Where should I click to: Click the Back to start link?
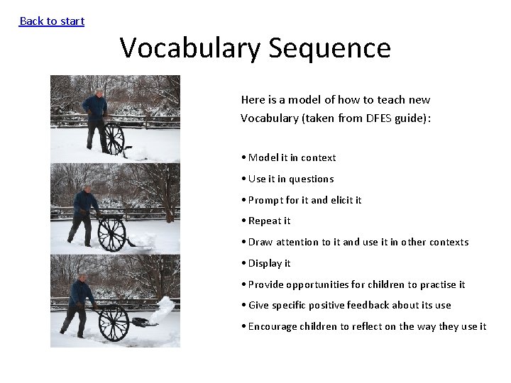tap(52, 21)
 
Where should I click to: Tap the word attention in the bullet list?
tap(297, 242)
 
